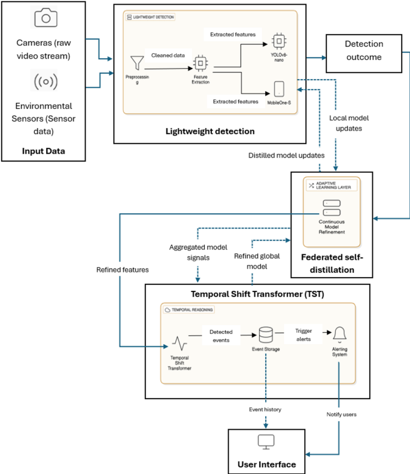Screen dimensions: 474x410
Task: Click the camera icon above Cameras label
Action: [45, 18]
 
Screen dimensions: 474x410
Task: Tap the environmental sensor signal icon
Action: [45, 80]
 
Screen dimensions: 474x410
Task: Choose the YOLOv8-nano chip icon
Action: [278, 41]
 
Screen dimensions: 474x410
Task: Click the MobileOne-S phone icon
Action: [279, 89]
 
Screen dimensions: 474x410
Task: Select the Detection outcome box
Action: [364, 50]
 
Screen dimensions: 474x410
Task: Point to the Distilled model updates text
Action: [286, 156]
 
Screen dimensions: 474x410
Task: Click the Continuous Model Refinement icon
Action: [331, 208]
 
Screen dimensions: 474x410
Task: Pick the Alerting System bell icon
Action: [339, 334]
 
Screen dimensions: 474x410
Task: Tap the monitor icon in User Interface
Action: [265, 442]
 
